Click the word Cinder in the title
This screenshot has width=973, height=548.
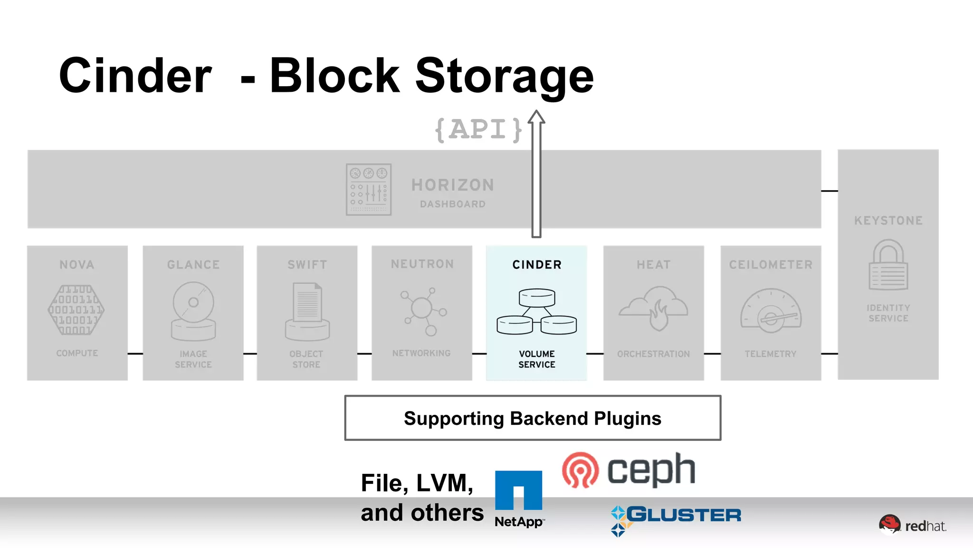coord(135,76)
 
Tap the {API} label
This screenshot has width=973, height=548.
coord(478,130)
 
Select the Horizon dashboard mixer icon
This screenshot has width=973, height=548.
coord(369,190)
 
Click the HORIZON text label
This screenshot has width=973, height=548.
coord(453,185)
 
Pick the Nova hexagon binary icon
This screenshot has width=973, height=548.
coord(76,310)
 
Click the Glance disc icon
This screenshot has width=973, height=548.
coord(193,311)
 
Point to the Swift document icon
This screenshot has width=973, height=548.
coord(307,312)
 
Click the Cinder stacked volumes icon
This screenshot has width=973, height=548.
coord(537,312)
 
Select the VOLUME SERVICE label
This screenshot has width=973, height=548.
coord(537,359)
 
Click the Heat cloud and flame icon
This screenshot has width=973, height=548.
coord(654,308)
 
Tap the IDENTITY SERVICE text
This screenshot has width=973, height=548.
coord(888,313)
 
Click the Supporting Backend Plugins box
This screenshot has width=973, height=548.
coord(533,418)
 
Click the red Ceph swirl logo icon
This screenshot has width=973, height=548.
coord(580,470)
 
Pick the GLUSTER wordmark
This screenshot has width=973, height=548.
coord(683,515)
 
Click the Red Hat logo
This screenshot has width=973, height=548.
coord(912,525)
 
